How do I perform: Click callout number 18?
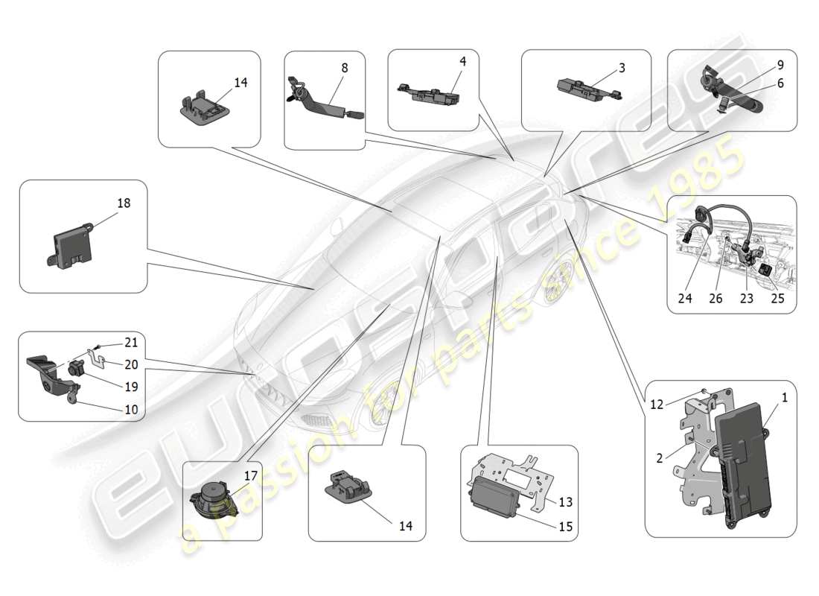click(124, 203)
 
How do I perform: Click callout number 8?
click(344, 68)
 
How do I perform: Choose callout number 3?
click(622, 68)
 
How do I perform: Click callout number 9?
click(780, 65)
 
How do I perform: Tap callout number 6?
click(780, 83)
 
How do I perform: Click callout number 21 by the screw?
click(131, 343)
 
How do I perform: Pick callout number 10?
click(131, 409)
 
